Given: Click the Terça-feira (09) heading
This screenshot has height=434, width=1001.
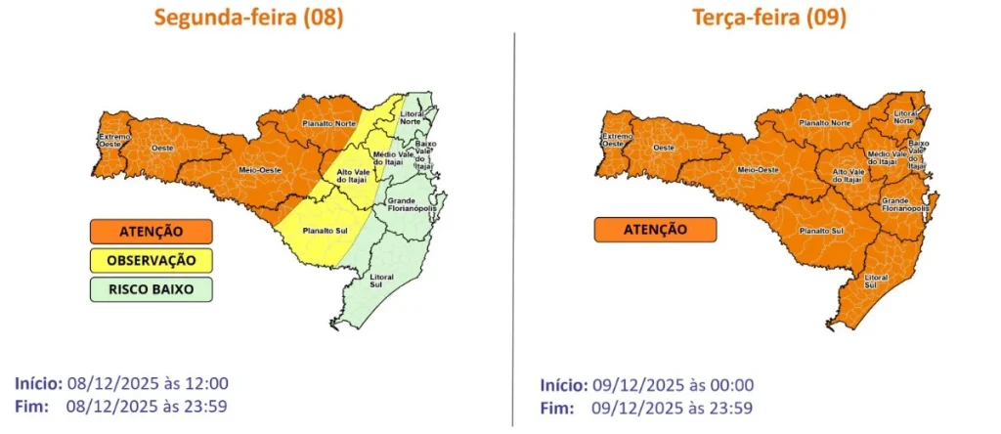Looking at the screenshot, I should coord(768,19).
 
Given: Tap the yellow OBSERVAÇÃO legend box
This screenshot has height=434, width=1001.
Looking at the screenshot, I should coord(152,261).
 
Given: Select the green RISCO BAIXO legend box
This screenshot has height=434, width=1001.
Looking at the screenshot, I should coord(152,289).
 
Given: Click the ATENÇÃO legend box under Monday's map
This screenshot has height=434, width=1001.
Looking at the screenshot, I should coord(152,232).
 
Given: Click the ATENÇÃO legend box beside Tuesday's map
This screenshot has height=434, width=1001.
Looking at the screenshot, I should coord(655,230).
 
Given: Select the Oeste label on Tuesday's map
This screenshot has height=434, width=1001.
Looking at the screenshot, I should coord(664,147).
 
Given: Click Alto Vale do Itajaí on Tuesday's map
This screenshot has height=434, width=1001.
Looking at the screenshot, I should coord(847,176).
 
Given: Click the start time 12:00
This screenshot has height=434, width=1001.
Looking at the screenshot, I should coord(208,383).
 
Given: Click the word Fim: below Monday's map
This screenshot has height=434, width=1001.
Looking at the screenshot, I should coord(34,404).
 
